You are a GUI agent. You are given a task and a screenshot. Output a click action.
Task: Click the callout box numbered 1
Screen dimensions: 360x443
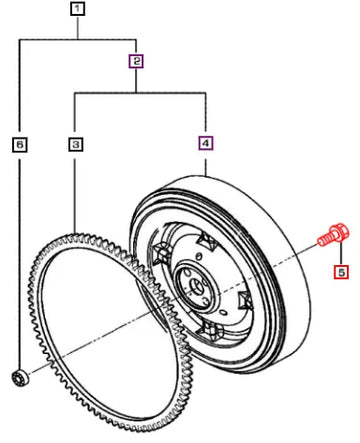[x=77, y=9]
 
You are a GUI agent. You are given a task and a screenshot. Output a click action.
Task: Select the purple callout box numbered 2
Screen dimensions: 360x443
[x=136, y=61]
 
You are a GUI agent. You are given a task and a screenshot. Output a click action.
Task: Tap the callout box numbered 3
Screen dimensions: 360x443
[x=76, y=144]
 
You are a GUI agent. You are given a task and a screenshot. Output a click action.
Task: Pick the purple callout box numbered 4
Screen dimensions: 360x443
[x=206, y=143]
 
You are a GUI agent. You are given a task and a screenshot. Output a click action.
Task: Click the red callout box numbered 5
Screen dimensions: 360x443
[x=341, y=272]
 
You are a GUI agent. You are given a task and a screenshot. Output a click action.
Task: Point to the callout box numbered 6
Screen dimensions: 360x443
[x=20, y=145]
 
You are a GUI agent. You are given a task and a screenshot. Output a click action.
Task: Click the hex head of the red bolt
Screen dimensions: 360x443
[x=339, y=232]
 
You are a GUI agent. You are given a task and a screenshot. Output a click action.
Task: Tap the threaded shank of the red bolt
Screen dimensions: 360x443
[x=324, y=240]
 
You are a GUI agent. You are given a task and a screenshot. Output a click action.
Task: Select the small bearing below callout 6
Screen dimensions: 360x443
[x=20, y=378]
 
